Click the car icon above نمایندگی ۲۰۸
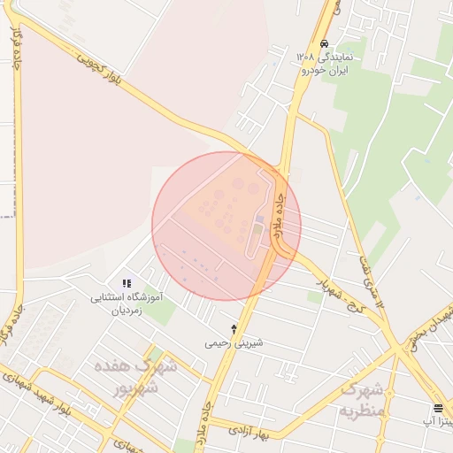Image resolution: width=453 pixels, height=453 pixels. pos(324,43)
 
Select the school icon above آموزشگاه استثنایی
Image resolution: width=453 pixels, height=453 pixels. pos(127,283)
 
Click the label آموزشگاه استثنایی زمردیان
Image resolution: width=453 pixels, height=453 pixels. pos(127,304)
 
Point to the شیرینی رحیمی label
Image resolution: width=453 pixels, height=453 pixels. pos(234,342)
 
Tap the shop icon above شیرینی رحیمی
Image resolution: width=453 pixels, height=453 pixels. pos(234,328)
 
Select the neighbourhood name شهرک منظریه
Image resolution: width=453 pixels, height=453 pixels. pos(364,399)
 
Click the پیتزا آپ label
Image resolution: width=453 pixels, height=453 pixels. pos(439,421)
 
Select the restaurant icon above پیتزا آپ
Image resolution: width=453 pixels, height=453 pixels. pos(438,408)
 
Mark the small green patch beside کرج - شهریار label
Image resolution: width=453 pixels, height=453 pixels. pos(315,297)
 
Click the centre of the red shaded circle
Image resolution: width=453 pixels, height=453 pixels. pos(226,226)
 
